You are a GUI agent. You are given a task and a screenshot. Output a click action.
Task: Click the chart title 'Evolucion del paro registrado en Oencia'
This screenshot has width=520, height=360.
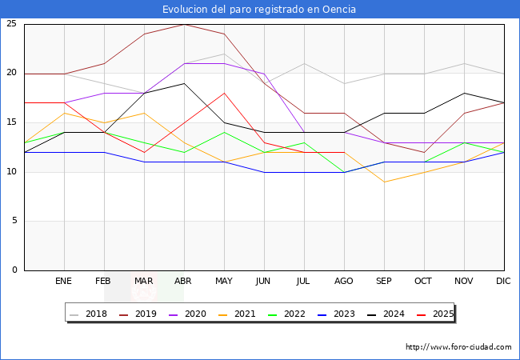tap(259, 10)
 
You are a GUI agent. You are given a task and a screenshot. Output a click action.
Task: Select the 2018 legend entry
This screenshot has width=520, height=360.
tap(90, 314)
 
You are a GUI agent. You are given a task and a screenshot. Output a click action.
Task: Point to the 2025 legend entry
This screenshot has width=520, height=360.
tap(432, 314)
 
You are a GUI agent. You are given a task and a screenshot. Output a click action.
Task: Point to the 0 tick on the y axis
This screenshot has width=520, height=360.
tap(14, 270)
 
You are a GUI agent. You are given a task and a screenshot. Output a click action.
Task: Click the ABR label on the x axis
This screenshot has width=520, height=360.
tap(184, 282)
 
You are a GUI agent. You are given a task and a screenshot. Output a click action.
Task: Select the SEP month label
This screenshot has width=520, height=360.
tap(384, 282)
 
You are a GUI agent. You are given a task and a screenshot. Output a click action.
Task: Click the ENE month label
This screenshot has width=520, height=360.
tap(64, 282)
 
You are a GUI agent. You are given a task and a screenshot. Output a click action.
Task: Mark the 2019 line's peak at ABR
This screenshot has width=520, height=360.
tap(184, 24)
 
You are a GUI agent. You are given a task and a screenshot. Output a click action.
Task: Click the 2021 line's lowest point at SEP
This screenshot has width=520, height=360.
tap(384, 182)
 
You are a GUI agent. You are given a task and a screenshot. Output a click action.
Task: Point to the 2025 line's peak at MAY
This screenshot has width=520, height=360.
tap(224, 93)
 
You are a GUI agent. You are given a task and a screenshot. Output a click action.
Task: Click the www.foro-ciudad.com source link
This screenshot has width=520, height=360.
tap(458, 347)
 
